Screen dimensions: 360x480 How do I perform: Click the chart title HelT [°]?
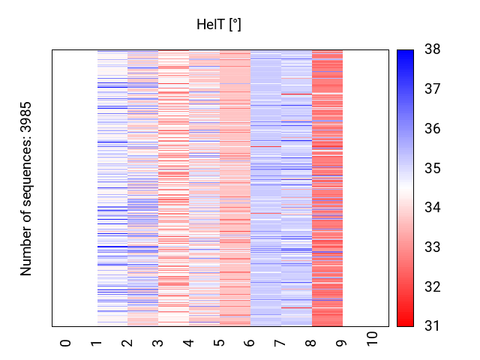tap(218, 25)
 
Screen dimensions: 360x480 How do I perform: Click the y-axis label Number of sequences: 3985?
tap(27, 188)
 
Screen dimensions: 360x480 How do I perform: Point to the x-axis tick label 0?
tap(65, 343)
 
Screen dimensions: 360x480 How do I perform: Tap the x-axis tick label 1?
tap(96, 343)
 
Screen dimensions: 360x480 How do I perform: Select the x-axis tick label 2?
tap(127, 343)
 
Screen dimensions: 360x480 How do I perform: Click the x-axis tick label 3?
tap(157, 343)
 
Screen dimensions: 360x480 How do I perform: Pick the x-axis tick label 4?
tap(188, 343)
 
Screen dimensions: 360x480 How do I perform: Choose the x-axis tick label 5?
tap(219, 343)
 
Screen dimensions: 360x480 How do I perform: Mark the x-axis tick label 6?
tap(250, 343)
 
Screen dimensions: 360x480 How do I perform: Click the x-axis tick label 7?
tap(280, 343)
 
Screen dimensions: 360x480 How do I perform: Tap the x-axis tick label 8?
tap(311, 343)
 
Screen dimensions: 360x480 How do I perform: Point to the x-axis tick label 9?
tap(342, 343)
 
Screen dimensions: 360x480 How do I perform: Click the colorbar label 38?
tap(433, 50)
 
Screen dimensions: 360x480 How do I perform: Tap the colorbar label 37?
tap(433, 90)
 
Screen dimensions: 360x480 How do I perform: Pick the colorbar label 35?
tap(433, 169)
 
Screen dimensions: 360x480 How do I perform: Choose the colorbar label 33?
tap(433, 247)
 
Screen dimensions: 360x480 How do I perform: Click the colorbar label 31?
tap(433, 326)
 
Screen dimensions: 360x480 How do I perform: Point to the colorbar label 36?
tap(433, 129)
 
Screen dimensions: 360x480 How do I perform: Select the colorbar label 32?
tap(433, 287)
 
